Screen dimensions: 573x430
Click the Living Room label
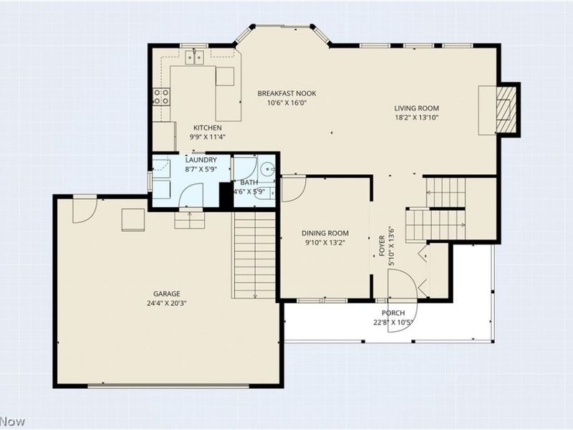click(416, 108)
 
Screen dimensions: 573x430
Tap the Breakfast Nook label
click(287, 93)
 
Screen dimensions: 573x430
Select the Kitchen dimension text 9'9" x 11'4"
click(207, 137)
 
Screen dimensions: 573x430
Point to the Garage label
click(167, 294)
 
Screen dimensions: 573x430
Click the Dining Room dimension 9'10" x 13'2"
click(325, 242)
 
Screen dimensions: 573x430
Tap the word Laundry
click(201, 160)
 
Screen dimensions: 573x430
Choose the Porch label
click(393, 313)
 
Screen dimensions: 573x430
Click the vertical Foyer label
click(382, 246)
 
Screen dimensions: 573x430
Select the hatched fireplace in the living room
click(506, 109)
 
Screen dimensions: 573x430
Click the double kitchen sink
click(194, 57)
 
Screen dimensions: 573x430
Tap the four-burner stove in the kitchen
click(161, 97)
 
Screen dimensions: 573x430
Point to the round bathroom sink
click(268, 169)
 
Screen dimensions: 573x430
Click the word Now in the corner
click(13, 421)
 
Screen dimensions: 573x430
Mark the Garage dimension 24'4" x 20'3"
click(167, 303)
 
